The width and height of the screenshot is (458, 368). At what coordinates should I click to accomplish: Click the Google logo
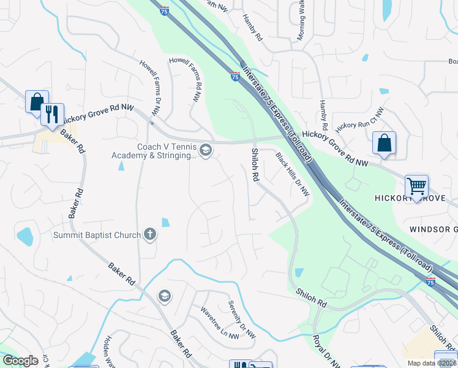pyautogui.click(x=21, y=361)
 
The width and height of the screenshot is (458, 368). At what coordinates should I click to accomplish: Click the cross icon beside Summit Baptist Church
pyautogui.click(x=149, y=234)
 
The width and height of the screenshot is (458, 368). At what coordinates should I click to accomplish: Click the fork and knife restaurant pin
pyautogui.click(x=53, y=113)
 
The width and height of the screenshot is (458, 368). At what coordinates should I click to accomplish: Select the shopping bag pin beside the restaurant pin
pyautogui.click(x=36, y=101)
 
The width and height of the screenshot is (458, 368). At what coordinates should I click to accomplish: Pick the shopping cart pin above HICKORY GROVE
pyautogui.click(x=416, y=185)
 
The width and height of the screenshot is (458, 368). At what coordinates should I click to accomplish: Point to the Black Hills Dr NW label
pyautogui.click(x=293, y=174)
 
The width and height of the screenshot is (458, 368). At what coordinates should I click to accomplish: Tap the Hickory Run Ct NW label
pyautogui.click(x=359, y=118)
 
